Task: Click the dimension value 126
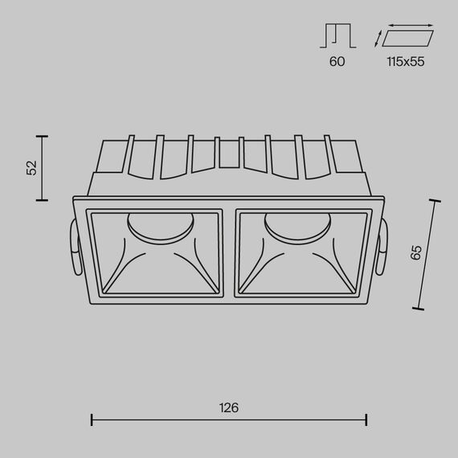click(229, 407)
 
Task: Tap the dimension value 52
click(31, 168)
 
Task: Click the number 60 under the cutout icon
click(337, 61)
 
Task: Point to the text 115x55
click(404, 61)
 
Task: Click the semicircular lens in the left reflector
click(160, 226)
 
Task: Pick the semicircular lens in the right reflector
click(297, 226)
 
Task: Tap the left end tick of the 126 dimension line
click(92, 420)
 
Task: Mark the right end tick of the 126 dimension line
click(367, 420)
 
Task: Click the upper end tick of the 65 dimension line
click(436, 201)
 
